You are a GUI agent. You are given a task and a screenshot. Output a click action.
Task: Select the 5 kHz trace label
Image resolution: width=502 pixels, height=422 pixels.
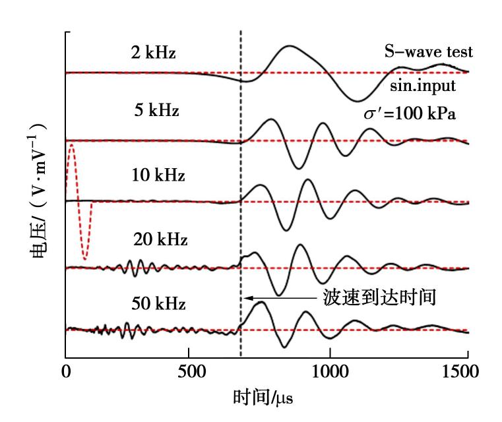[156, 109]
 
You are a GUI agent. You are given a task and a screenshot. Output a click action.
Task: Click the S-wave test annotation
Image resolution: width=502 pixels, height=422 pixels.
[429, 51]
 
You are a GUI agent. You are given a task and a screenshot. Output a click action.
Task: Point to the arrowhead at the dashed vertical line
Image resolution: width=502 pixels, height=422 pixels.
[245, 298]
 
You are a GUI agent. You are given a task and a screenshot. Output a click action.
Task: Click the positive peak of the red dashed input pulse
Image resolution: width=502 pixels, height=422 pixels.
[71, 145]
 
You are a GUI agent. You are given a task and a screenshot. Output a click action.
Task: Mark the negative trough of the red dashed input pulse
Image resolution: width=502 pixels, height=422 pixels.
[84, 259]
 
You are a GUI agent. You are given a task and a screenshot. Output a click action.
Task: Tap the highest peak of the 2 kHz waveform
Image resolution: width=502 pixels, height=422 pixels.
[289, 46]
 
